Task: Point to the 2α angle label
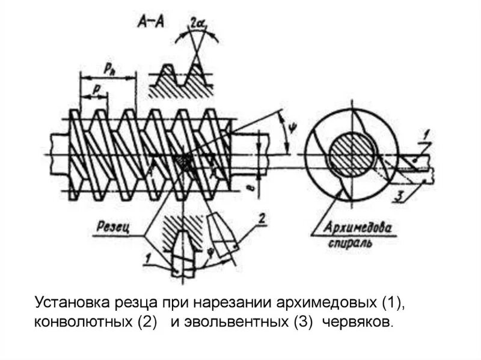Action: click(196, 23)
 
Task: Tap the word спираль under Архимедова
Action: click(351, 244)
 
